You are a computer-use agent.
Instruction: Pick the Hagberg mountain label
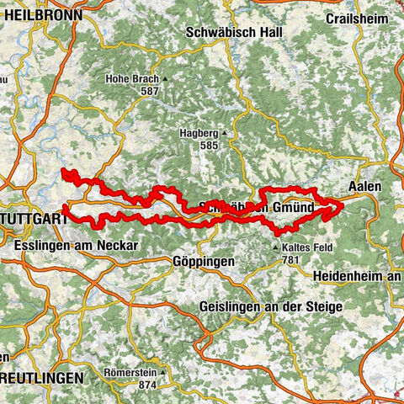point(199,133)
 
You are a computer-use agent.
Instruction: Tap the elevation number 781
point(292,260)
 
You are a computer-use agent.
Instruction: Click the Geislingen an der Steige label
point(271,307)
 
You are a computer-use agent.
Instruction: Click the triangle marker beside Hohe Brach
point(166,79)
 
